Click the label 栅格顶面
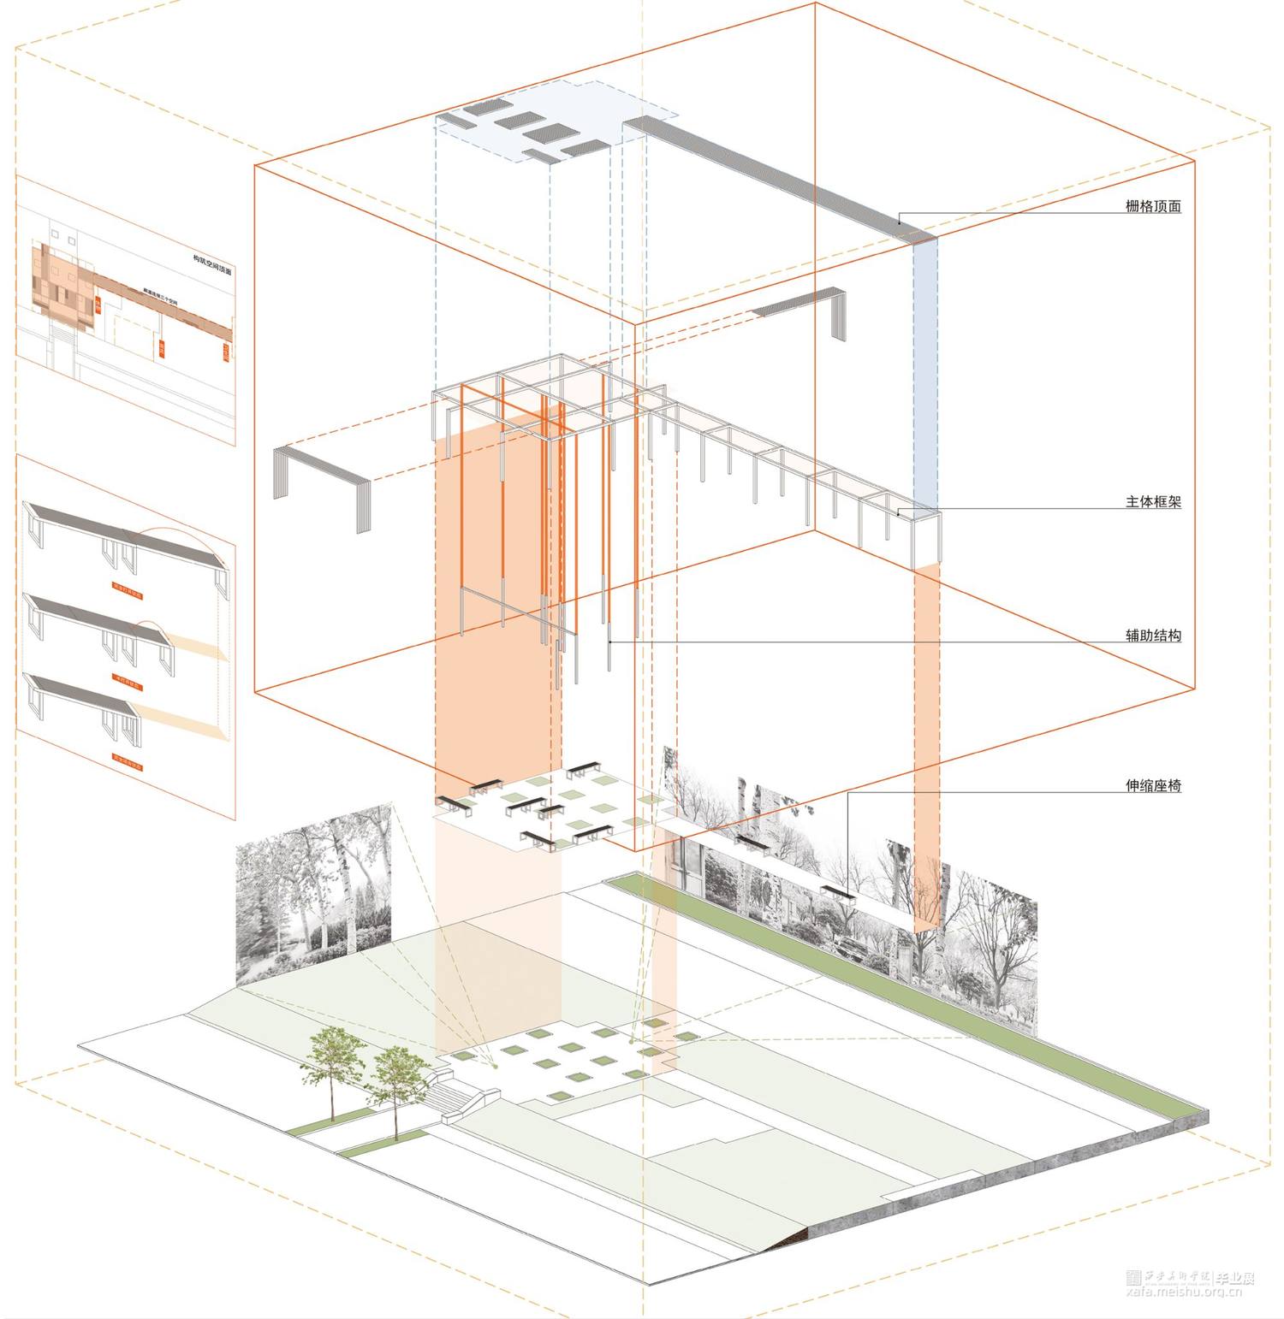pyautogui.click(x=1153, y=206)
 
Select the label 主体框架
pyautogui.click(x=1153, y=502)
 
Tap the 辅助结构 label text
pyautogui.click(x=1153, y=636)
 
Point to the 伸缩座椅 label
pyautogui.click(x=1153, y=785)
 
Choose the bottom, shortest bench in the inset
pyautogui.click(x=86, y=701)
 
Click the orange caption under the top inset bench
pyautogui.click(x=128, y=591)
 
